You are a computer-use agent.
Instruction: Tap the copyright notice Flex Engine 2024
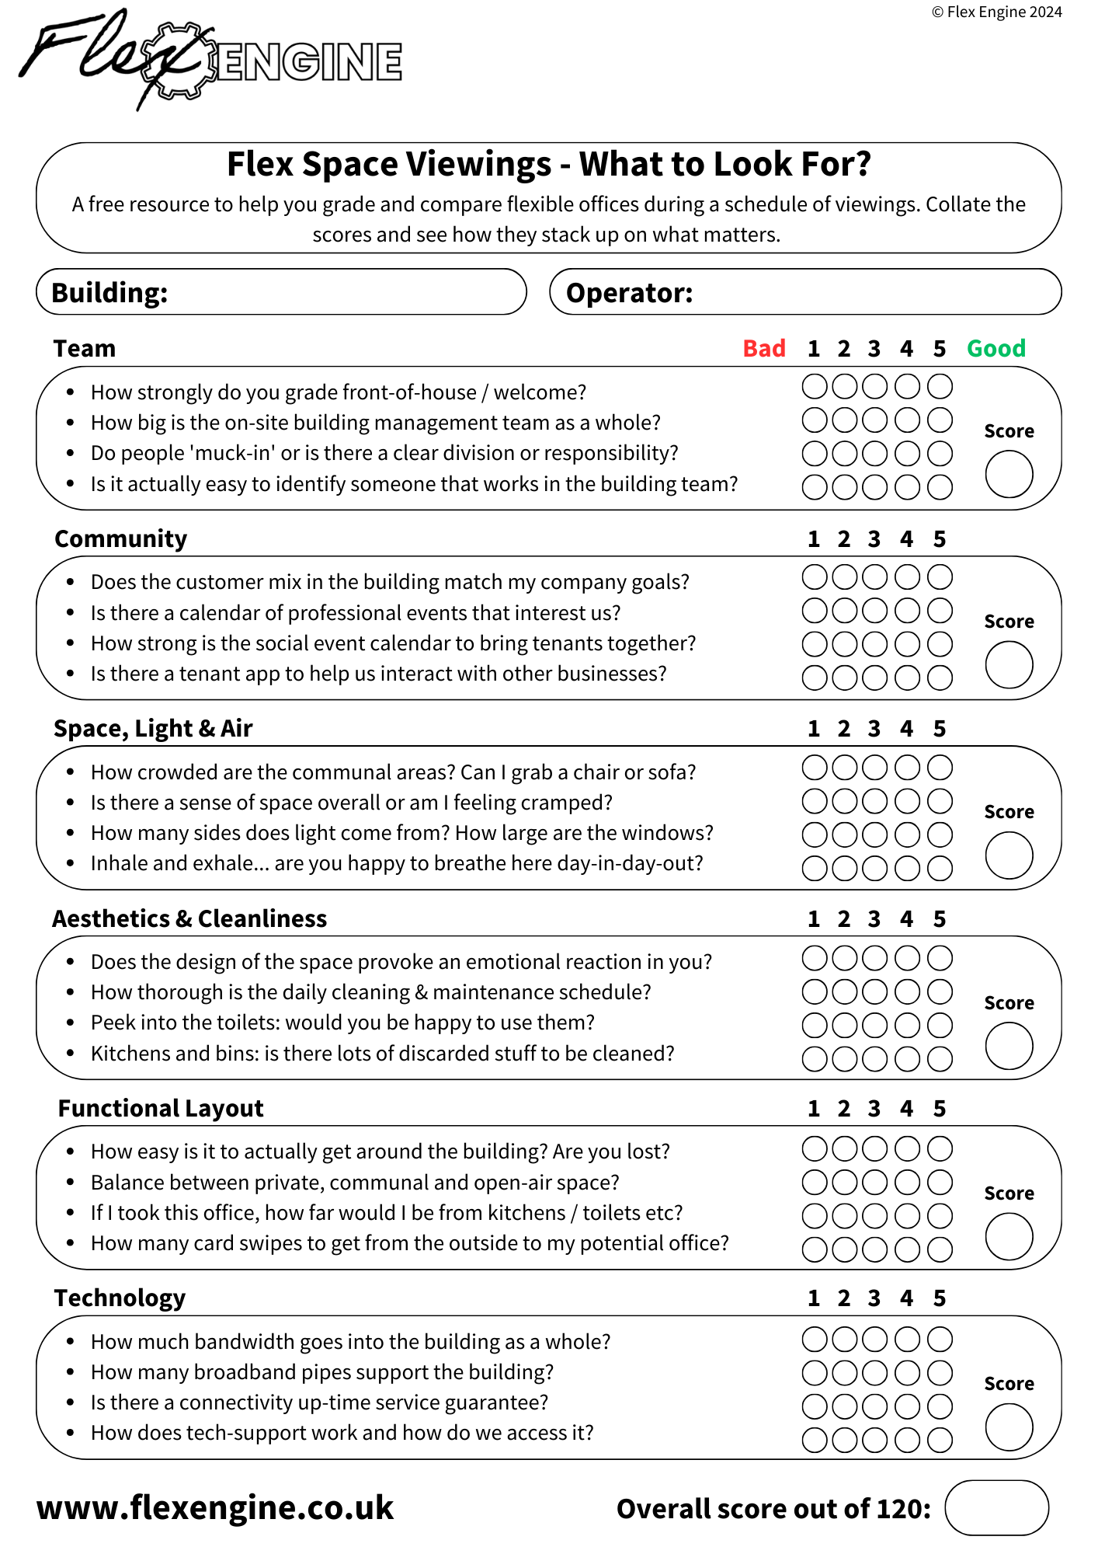tap(996, 12)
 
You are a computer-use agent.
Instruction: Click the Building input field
tap(342, 292)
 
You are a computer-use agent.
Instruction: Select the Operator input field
tap(870, 292)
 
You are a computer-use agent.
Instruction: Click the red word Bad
tap(764, 349)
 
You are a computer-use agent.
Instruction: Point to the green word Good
tap(995, 349)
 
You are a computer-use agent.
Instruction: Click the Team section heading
tap(85, 349)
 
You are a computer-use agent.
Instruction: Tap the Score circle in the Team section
tap(1009, 474)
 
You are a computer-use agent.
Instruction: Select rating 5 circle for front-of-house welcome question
tap(940, 386)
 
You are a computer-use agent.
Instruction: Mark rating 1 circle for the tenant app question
tap(815, 678)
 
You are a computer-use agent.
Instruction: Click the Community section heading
tap(121, 538)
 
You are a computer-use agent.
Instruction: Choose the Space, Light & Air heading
tap(153, 728)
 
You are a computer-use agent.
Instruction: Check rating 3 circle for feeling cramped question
tap(875, 801)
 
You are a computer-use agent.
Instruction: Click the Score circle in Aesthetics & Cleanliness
tap(1009, 1046)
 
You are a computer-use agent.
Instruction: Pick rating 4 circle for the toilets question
tap(907, 1025)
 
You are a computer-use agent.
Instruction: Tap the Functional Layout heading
tap(161, 1108)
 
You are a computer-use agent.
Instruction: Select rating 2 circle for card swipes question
tap(844, 1249)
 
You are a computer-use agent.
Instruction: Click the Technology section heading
tap(120, 1298)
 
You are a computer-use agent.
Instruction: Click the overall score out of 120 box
tap(996, 1508)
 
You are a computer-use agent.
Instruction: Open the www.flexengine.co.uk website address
tap(215, 1507)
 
